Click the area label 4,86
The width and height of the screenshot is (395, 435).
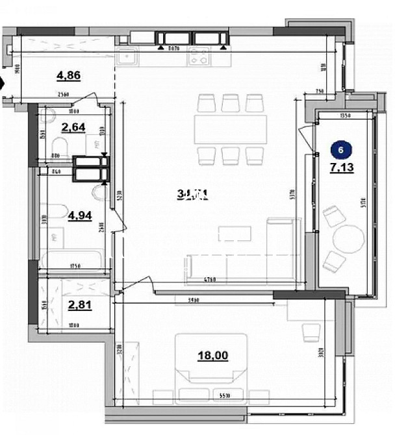coord(68,75)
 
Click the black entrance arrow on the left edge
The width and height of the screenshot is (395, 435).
coord(3,83)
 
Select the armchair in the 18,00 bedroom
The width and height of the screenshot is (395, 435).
coord(311,332)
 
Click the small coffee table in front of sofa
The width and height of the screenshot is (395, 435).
coord(234,233)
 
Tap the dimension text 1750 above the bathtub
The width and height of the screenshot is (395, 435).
coord(76,265)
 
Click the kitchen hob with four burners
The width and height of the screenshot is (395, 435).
coord(199,58)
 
